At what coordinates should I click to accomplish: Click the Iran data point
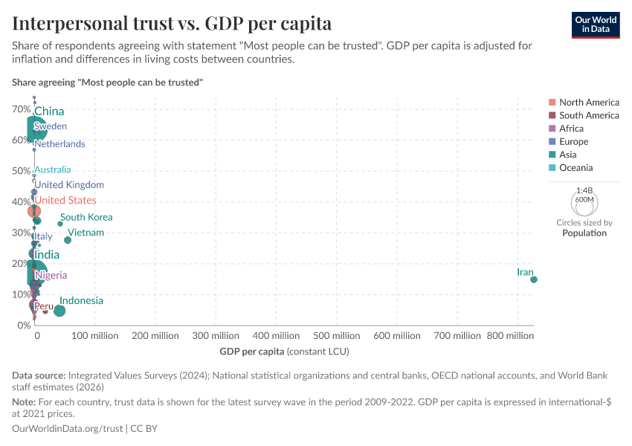tap(534, 279)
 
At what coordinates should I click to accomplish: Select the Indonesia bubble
tap(59, 311)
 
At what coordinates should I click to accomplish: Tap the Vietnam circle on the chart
tap(68, 240)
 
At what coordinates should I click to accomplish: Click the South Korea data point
tap(60, 224)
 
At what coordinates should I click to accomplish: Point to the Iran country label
tap(525, 273)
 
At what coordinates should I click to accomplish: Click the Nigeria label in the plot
tap(51, 275)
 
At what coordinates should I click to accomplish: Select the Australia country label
tap(53, 169)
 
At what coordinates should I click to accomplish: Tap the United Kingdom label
tap(69, 184)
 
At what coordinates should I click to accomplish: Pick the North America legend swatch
tap(552, 103)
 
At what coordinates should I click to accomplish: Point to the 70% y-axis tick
tap(21, 109)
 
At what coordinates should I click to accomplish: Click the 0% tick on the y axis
tap(23, 325)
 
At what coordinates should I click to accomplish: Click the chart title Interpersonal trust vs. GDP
tap(172, 23)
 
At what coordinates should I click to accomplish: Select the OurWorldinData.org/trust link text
tap(68, 429)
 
